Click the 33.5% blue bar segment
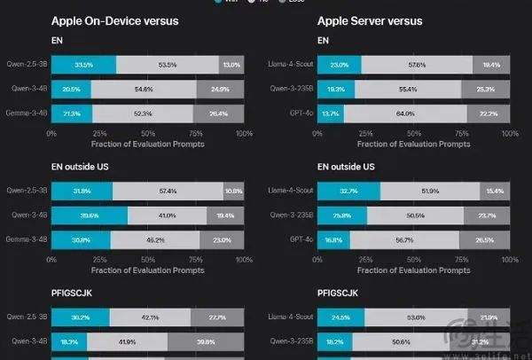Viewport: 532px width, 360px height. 83,65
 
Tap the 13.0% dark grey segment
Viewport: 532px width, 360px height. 231,65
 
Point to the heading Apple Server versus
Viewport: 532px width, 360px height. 370,20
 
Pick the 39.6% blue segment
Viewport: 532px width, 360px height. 90,215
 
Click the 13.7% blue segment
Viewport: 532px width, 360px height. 330,113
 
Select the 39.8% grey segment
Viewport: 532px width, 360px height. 206,341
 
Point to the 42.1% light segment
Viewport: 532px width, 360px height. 150,317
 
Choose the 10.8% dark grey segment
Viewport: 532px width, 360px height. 233,191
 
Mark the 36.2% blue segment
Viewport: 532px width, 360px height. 81,317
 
